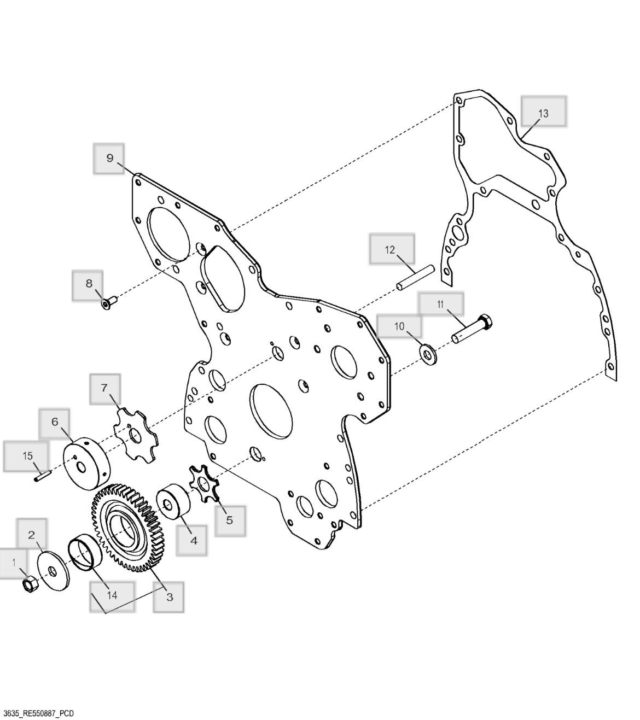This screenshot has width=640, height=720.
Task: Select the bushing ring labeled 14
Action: coord(85,552)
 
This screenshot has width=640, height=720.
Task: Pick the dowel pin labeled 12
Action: coord(415,278)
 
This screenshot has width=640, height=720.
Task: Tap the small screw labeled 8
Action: coord(110,303)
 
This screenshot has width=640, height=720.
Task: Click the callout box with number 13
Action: coord(544,111)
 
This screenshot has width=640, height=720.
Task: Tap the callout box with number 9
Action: coord(109,159)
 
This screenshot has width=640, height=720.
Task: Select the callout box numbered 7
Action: coord(105,389)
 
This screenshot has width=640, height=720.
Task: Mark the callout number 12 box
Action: coord(392,249)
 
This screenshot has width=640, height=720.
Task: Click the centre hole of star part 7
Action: coord(136,435)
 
